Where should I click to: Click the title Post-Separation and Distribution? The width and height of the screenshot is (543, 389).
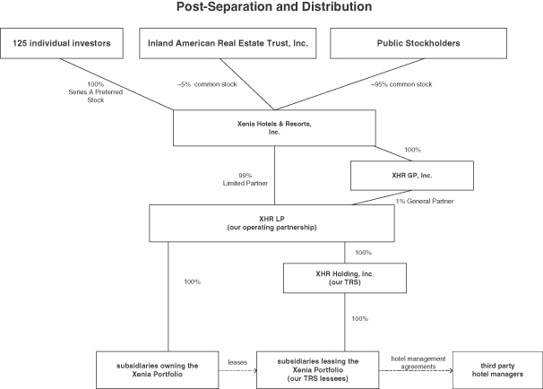(x=274, y=6)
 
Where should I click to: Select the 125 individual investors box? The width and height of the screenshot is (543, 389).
(x=62, y=43)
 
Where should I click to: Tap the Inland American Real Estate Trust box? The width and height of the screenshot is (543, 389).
(x=228, y=43)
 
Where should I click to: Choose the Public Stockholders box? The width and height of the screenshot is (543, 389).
(x=418, y=43)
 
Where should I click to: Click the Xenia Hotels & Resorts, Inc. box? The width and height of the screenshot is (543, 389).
(x=274, y=128)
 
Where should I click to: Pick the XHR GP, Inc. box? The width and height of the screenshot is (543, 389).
(x=412, y=176)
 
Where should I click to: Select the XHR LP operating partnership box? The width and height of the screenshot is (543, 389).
(x=271, y=223)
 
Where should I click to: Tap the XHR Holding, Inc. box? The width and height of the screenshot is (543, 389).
(x=345, y=278)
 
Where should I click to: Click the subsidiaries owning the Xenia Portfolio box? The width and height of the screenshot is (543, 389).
(x=157, y=370)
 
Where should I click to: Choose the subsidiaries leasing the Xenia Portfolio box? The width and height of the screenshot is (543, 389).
(x=317, y=370)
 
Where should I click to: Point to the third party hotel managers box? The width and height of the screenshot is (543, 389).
(x=497, y=370)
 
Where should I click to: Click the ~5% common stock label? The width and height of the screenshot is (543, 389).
(x=207, y=84)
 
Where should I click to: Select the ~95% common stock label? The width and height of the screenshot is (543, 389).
(x=401, y=84)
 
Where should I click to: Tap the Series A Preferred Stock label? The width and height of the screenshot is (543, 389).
(x=96, y=92)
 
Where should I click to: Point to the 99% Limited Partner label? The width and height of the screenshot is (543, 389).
(x=246, y=179)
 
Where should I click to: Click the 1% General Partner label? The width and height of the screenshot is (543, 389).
(x=425, y=201)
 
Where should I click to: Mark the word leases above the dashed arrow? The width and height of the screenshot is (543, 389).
(x=237, y=362)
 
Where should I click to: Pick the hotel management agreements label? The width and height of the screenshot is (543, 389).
(x=418, y=362)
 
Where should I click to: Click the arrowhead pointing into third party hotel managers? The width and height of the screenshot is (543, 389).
(x=451, y=371)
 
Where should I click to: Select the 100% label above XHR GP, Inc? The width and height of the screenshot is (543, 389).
(x=413, y=150)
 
